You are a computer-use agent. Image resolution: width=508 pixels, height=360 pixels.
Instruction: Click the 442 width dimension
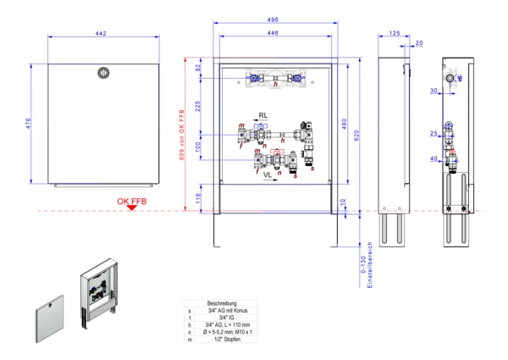(x=100, y=33)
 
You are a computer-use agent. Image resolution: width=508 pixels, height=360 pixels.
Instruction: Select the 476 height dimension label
(x=27, y=123)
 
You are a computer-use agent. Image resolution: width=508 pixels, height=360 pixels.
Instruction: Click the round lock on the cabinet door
(x=103, y=73)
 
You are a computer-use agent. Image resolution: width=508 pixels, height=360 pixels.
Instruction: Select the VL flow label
(x=268, y=174)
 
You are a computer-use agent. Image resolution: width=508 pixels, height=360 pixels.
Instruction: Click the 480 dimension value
(x=344, y=124)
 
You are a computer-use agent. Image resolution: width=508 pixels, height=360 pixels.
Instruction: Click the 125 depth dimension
(x=395, y=33)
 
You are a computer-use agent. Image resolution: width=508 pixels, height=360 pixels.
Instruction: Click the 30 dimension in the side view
(x=433, y=90)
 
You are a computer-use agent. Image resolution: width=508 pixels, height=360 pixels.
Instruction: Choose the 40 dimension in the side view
(x=433, y=158)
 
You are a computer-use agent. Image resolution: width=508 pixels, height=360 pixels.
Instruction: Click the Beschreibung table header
(x=221, y=303)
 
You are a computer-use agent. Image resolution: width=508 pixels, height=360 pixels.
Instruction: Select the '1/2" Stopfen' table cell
(x=222, y=340)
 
